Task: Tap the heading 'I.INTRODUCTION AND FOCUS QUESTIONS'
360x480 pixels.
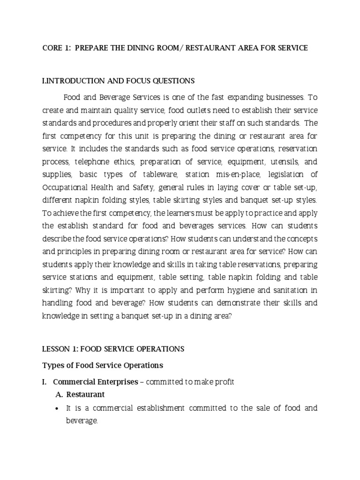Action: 118,81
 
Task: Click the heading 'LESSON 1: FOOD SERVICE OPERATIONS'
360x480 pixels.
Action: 113,349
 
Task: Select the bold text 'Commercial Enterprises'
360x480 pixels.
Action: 95,382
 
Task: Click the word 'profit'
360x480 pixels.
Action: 224,382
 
